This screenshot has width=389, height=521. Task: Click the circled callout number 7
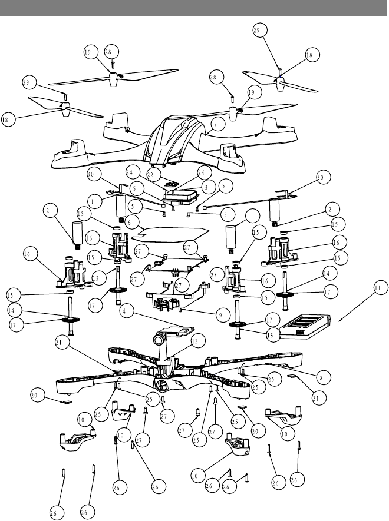click(x=216, y=124)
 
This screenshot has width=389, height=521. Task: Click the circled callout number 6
click(x=132, y=223)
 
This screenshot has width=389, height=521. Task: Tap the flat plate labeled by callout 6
click(x=171, y=232)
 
